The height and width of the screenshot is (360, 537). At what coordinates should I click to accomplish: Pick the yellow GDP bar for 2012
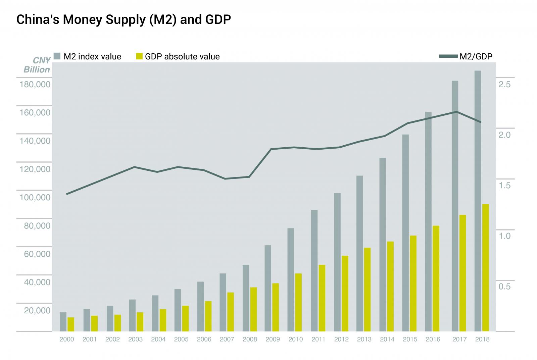(345, 293)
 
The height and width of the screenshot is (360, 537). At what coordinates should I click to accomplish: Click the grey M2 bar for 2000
(63, 321)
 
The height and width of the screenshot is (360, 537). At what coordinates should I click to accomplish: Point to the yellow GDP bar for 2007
(231, 312)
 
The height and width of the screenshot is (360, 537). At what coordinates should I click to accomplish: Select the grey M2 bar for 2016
(428, 221)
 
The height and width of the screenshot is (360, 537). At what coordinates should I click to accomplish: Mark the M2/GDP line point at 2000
(67, 194)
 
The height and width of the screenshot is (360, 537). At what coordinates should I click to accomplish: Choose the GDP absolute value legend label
(182, 56)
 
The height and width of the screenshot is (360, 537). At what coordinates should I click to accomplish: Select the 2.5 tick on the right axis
(504, 84)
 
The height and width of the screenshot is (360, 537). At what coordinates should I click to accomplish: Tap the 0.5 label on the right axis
(504, 287)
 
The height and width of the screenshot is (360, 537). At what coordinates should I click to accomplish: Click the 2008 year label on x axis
(250, 339)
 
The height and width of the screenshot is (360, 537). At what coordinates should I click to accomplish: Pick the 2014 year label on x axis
(387, 339)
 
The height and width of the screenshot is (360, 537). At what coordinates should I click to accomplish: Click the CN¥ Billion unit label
(37, 65)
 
